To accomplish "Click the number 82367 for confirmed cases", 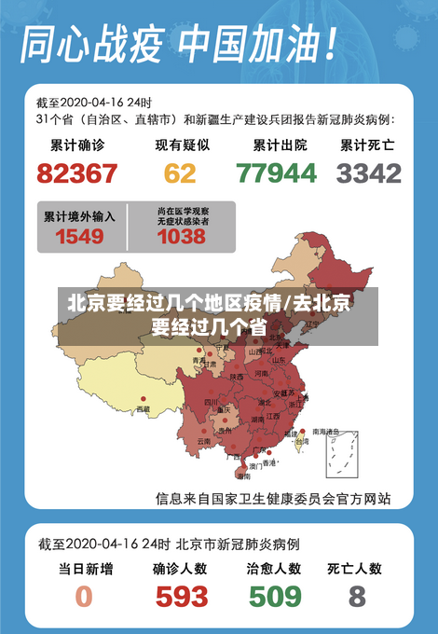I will point(77,173).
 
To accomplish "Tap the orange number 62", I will point(181,173).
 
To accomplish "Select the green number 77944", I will point(276,173).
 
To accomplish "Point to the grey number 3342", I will point(369,173).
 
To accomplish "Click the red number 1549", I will point(79,237).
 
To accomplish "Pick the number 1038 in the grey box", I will point(182,237).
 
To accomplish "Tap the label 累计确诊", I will point(77,145).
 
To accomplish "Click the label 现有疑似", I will point(182,145).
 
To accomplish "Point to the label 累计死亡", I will point(367,145).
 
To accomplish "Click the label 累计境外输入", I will point(80,215).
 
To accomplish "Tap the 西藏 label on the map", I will point(143,408).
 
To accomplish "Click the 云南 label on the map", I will point(204,441).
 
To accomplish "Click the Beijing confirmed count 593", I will point(182,596).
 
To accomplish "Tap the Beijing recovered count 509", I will point(274,596).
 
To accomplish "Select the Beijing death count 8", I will point(357,596).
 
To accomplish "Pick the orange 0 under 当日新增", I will point(84,596).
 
